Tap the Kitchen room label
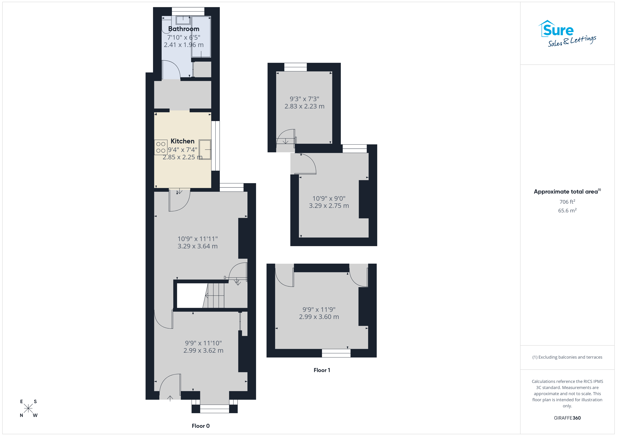tap(182, 141)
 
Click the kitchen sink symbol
tap(205, 150)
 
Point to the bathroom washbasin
tap(183, 20)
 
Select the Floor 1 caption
tap(322, 370)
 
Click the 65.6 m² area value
tap(567, 210)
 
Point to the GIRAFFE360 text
tap(567, 418)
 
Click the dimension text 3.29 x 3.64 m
tap(197, 246)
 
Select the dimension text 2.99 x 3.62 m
tap(203, 350)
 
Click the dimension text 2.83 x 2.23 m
tap(304, 106)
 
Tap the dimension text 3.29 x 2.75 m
tap(329, 206)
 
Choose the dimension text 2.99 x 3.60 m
tap(319, 317)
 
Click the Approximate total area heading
tap(567, 191)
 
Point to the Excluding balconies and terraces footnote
tap(567, 357)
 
